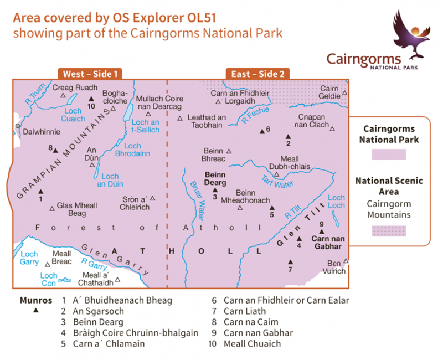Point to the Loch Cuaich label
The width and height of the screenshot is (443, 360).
tap(73, 115)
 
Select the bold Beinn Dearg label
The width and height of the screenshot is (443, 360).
tap(214, 178)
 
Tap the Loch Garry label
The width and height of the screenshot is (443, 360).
tap(29, 258)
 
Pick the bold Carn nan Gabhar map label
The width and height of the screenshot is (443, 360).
tap(329, 243)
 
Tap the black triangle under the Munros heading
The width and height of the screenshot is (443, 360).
tap(36, 311)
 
